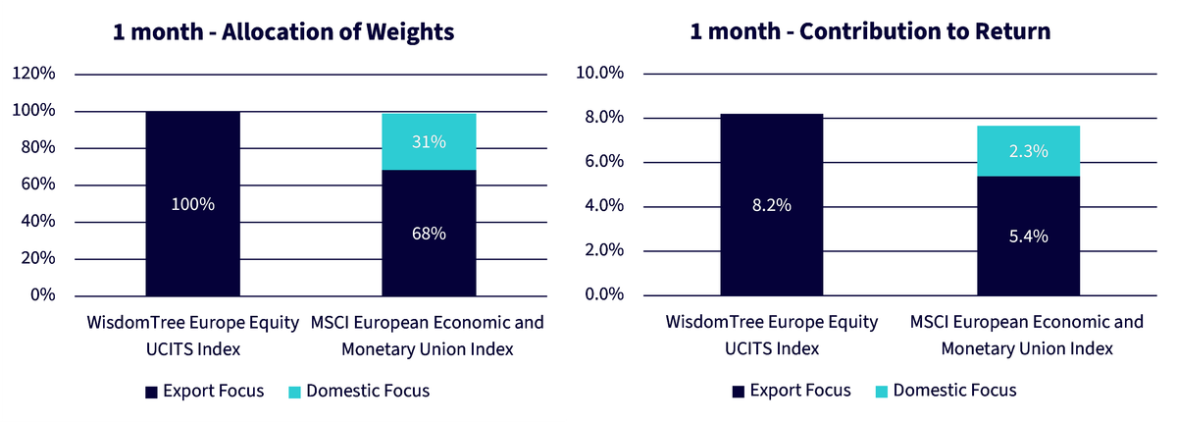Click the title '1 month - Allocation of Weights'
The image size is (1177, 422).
[x=283, y=32]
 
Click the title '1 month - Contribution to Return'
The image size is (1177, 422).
[x=870, y=31]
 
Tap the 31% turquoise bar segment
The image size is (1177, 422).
[x=429, y=142]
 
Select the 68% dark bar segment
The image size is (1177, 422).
[x=429, y=234]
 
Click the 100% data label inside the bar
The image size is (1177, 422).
[x=193, y=204]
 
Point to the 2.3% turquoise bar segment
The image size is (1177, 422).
[x=1028, y=151]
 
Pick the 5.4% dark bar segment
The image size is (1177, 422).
[x=1028, y=236]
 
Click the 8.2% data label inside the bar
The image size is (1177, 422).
[x=771, y=205]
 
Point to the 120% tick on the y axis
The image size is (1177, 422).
[x=33, y=73]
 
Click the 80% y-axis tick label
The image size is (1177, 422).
[x=38, y=147]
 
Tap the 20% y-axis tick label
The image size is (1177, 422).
[x=38, y=258]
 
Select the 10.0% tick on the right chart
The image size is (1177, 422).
[x=599, y=73]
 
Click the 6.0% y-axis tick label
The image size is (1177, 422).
[x=604, y=161]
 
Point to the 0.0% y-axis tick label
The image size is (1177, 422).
[x=604, y=294]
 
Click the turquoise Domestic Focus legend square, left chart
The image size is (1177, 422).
[x=295, y=392]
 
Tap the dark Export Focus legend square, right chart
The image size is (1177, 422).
[x=739, y=392]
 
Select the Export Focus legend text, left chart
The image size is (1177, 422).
[x=214, y=391]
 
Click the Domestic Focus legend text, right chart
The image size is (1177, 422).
[x=954, y=391]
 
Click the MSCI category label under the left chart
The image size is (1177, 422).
[x=428, y=336]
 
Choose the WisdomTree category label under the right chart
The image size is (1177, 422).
[x=772, y=336]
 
